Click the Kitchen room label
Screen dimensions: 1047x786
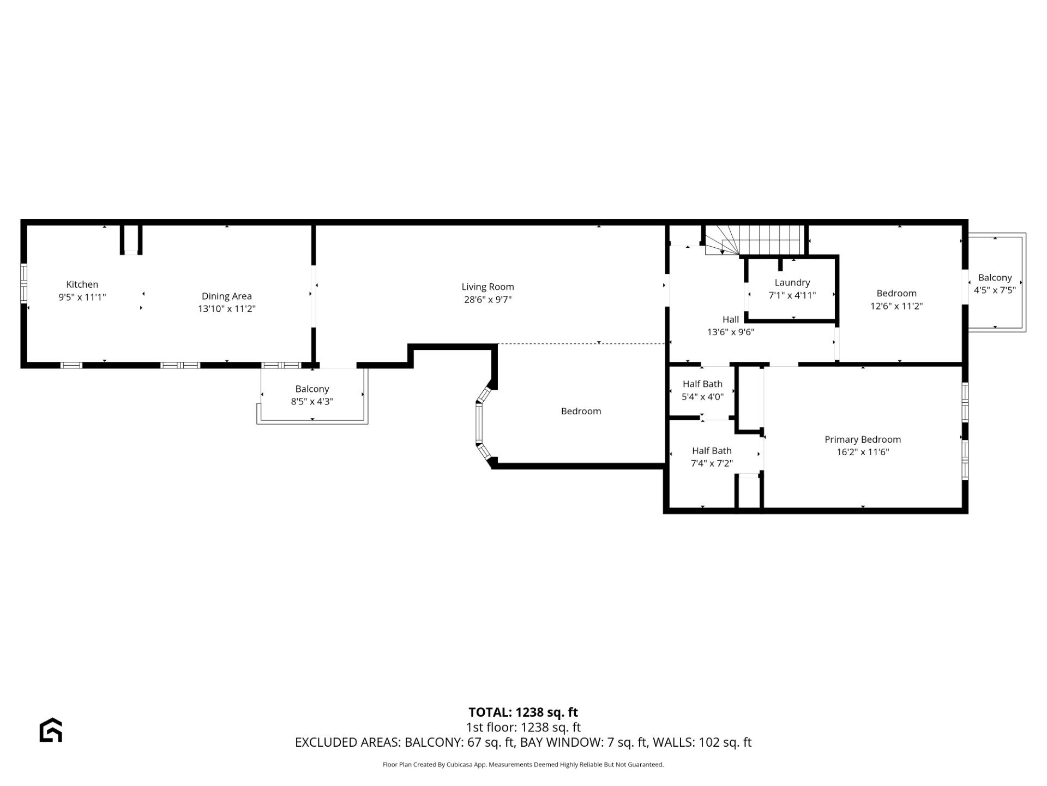point(82,284)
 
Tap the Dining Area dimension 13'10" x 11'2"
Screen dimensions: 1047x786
point(227,309)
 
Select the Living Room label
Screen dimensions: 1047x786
point(488,287)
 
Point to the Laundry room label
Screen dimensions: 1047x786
point(792,283)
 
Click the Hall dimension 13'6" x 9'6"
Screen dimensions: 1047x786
point(731,332)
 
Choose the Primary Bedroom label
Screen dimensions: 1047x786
point(863,439)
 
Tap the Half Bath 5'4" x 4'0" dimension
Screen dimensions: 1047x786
point(703,397)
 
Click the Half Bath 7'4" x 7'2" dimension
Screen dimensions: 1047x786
point(712,463)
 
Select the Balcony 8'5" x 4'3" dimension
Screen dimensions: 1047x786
point(312,402)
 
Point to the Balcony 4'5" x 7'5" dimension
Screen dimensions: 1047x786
point(995,290)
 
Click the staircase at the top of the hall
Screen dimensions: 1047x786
point(755,240)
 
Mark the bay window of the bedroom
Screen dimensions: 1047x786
point(482,423)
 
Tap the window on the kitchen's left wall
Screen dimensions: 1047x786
point(24,283)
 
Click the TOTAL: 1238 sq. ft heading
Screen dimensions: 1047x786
point(523,712)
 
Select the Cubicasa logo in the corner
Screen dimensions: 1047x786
point(51,730)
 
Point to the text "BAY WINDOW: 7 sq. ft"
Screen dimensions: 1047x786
point(583,742)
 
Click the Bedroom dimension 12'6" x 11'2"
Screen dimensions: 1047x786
point(896,306)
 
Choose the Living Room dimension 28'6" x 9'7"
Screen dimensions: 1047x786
point(488,300)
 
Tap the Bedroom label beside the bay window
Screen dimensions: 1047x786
point(581,411)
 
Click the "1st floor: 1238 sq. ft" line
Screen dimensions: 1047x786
point(523,728)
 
